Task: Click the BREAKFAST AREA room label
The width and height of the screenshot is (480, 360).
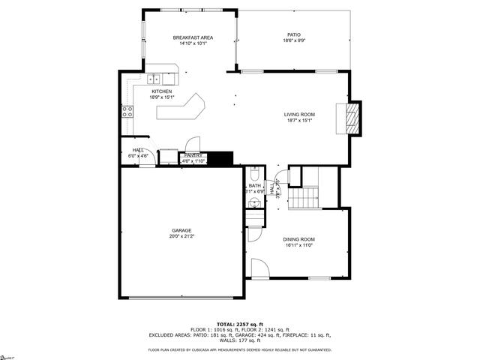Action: click(x=193, y=37)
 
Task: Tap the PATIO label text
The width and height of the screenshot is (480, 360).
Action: click(x=294, y=34)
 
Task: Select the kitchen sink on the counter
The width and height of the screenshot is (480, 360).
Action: click(x=154, y=79)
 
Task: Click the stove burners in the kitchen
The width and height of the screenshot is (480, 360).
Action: click(x=127, y=112)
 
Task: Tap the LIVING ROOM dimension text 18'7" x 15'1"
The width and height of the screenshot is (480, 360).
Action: click(x=299, y=120)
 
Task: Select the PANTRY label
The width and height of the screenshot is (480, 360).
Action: click(x=193, y=155)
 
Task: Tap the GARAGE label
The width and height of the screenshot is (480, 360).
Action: click(x=181, y=230)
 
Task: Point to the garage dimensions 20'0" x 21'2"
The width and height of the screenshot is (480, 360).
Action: click(x=181, y=236)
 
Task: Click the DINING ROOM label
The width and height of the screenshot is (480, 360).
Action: click(x=298, y=239)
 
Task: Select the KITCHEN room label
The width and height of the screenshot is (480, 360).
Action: click(x=162, y=91)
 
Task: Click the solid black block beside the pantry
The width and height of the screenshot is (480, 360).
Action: click(x=220, y=158)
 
